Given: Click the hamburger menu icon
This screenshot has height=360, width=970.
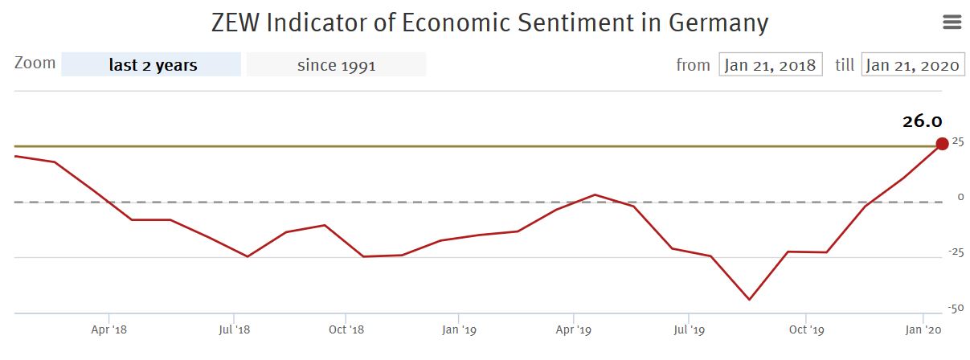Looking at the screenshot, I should (952, 22).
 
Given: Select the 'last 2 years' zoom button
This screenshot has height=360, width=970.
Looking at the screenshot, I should (152, 65).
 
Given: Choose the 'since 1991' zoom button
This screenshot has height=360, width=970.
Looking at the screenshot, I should (336, 65).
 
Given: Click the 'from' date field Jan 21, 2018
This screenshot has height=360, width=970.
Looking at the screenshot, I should (771, 65).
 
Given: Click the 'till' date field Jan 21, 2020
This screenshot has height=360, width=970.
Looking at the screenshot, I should (913, 65).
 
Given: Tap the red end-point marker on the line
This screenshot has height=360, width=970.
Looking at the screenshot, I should (942, 144).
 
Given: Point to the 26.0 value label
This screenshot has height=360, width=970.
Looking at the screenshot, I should (921, 121).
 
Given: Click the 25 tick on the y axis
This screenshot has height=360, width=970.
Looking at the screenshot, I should (957, 142).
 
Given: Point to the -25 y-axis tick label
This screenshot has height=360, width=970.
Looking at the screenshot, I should (955, 253).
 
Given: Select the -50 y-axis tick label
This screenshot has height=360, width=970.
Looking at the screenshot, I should (955, 309).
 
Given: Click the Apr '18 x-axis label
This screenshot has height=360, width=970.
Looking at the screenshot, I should (109, 329).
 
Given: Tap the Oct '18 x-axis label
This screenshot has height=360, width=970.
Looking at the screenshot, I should (346, 329).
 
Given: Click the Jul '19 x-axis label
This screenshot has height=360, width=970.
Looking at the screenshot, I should (690, 329).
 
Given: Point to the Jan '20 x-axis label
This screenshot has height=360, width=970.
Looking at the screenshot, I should (924, 329).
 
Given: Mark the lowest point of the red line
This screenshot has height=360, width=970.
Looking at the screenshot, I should (749, 300).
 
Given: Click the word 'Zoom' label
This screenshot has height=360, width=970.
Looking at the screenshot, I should (35, 63).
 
